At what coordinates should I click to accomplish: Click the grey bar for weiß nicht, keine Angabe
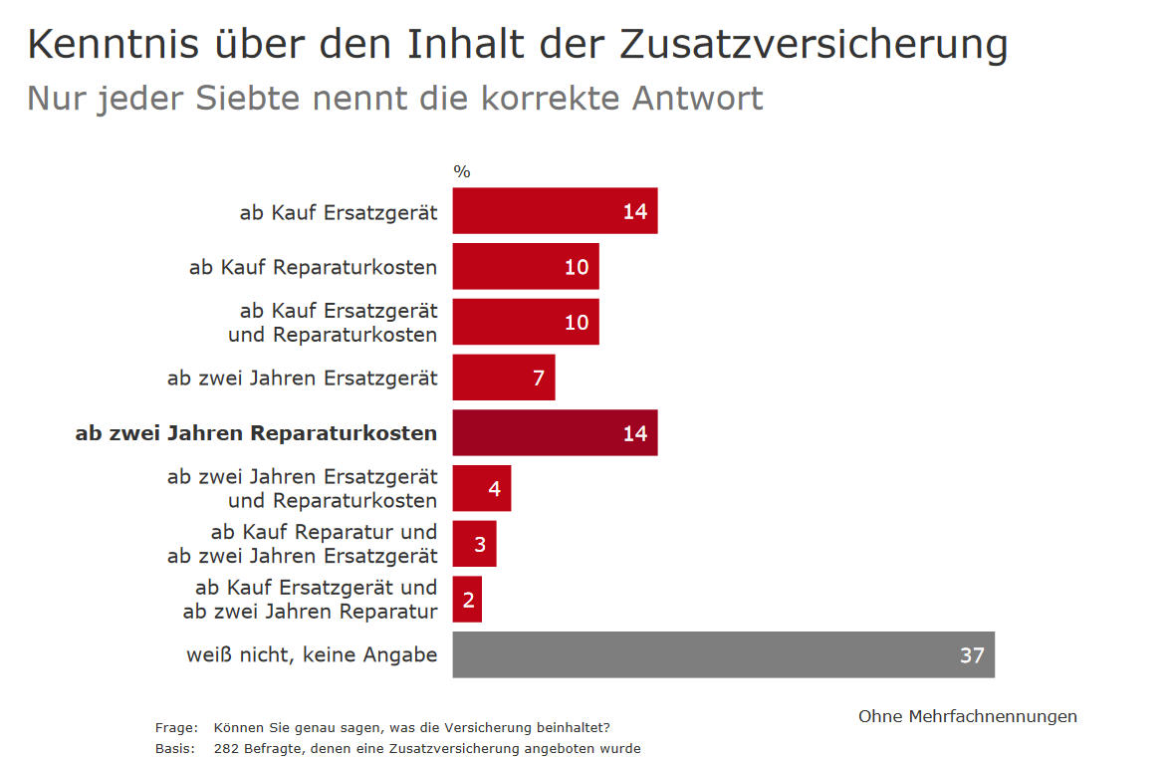723,654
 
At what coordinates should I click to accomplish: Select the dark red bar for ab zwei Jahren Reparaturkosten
555,433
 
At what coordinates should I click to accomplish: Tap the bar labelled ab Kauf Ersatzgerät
555,211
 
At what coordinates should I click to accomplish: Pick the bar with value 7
503,378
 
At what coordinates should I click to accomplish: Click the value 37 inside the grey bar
972,655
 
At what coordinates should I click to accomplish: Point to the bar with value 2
467,600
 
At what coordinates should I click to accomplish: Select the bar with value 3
474,544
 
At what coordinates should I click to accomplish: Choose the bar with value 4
481,489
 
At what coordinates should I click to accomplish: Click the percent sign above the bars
462,171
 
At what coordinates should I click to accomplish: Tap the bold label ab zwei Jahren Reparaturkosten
256,433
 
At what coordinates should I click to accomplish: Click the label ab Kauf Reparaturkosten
313,267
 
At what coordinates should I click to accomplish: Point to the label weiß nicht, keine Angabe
312,654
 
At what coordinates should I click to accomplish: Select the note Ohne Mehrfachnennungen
967,716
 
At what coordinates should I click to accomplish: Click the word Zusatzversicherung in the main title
814,45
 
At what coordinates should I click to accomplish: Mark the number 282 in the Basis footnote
225,748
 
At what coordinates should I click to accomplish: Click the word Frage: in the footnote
175,727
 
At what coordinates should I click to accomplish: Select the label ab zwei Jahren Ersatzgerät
302,378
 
